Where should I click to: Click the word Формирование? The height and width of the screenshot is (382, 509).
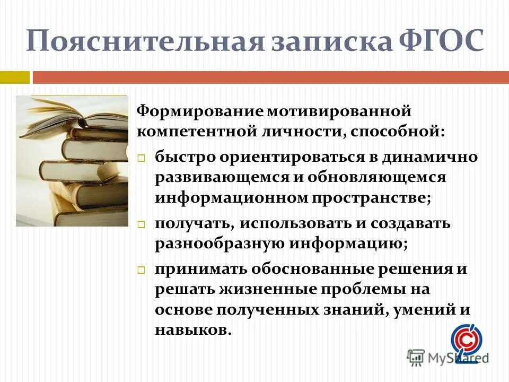pos(200,111)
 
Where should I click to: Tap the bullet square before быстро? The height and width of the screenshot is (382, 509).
pos(142,158)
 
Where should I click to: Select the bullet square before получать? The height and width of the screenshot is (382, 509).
pos(142,224)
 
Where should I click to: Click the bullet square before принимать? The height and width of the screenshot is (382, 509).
pos(142,270)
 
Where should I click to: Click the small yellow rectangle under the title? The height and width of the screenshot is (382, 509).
pos(14,77)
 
